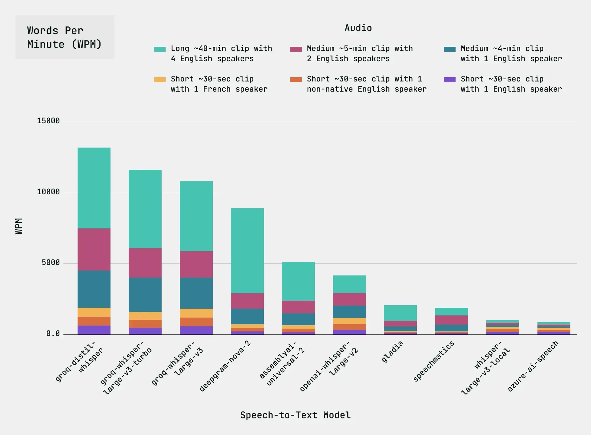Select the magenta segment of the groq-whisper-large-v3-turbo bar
click(145, 263)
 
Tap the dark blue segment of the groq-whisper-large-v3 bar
click(196, 293)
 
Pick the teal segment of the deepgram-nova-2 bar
click(247, 251)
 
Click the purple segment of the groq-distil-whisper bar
click(94, 330)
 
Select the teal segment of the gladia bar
click(400, 313)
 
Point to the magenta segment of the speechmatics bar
click(451, 320)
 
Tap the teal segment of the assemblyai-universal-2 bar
click(298, 281)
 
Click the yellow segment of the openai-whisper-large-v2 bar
click(349, 321)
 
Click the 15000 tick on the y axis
click(48, 121)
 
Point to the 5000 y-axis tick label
click(51, 263)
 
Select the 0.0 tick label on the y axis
click(53, 334)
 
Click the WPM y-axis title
click(19, 226)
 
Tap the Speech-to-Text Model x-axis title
click(295, 415)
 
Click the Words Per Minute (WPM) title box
click(65, 37)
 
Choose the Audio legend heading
click(358, 28)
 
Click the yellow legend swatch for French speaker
click(160, 80)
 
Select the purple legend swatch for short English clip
click(449, 80)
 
